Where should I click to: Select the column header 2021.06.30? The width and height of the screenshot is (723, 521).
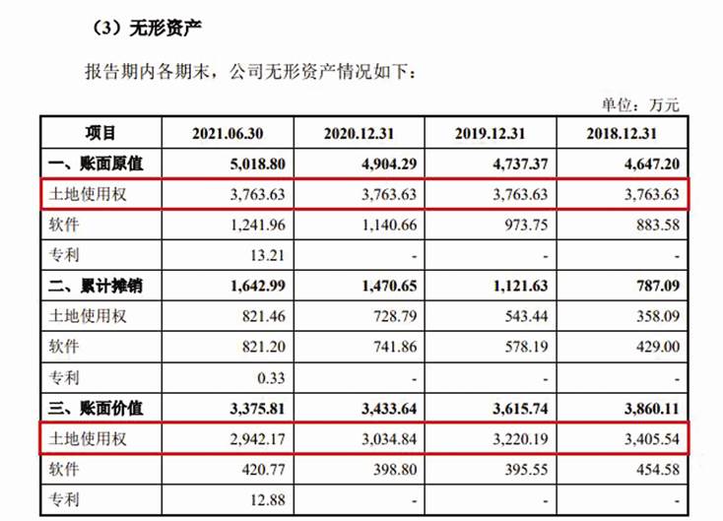point(230,134)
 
